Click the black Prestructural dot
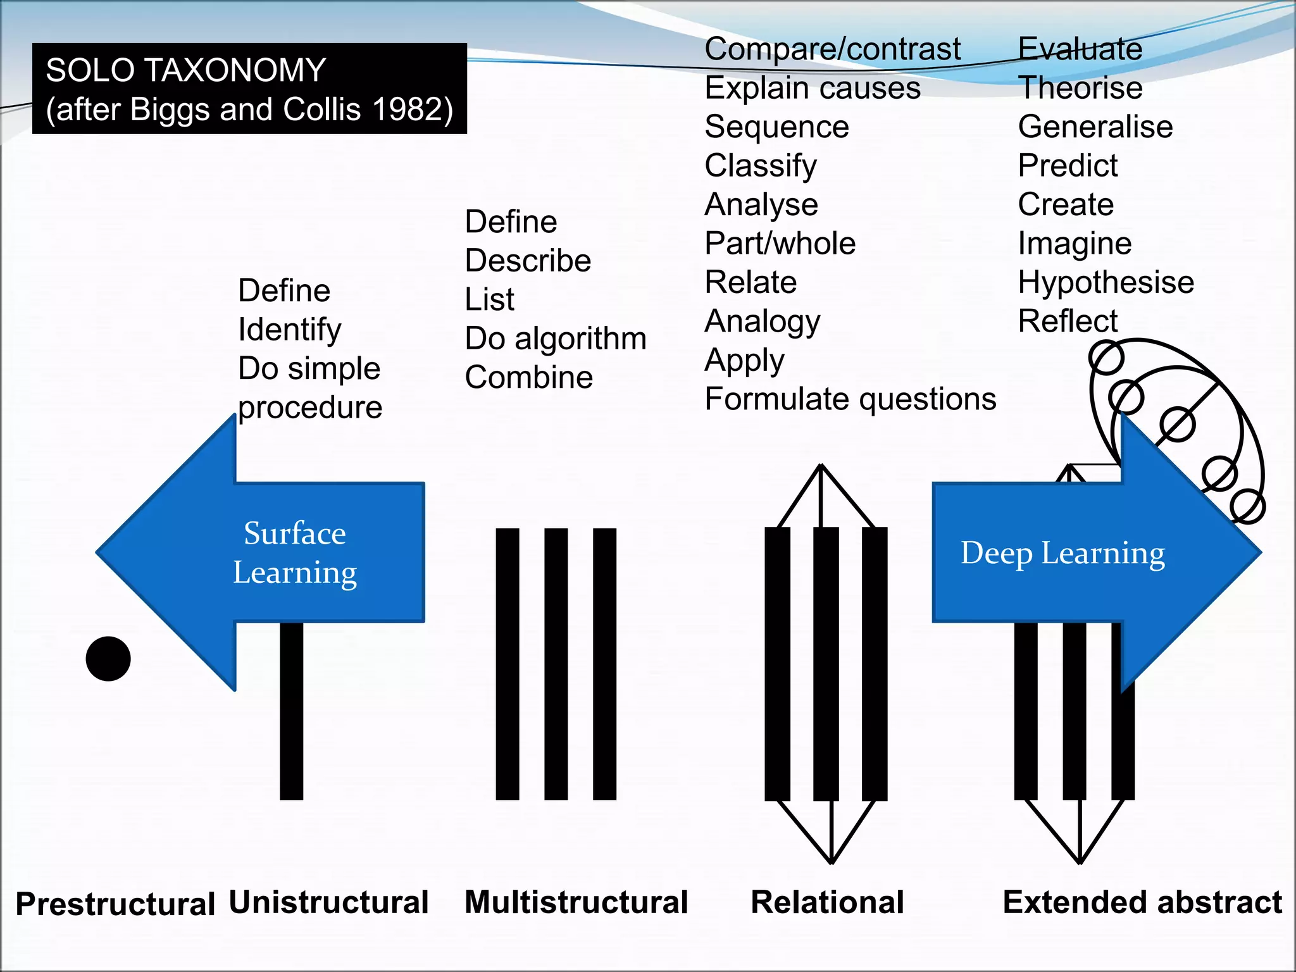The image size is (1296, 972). [108, 659]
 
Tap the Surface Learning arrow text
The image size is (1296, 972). [295, 552]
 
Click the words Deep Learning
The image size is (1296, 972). [1062, 552]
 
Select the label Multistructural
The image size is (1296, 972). [576, 902]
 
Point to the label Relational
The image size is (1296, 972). [827, 902]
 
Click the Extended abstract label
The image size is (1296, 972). [1142, 902]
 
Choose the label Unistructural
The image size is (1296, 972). [328, 902]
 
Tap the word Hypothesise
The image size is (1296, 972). [1106, 282]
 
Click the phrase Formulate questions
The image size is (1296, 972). [850, 399]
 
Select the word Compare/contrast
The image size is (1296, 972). [832, 49]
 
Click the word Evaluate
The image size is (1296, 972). [1080, 49]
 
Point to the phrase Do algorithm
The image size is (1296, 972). [555, 338]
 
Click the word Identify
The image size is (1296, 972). [289, 329]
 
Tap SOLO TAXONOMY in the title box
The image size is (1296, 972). [185, 70]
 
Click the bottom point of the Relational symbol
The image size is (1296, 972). [832, 861]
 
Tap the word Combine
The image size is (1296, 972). [528, 377]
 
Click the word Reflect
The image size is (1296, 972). [1067, 321]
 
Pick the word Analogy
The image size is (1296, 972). [762, 321]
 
